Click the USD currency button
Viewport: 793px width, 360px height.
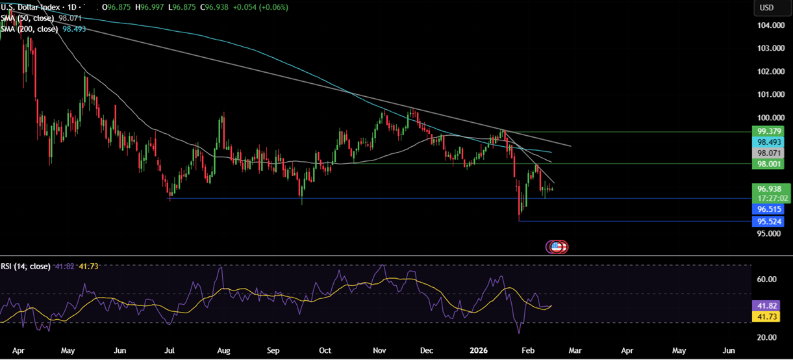[768, 8]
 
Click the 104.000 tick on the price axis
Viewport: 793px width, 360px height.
[766, 25]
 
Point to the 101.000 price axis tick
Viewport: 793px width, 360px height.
[766, 94]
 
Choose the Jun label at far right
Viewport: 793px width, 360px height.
[729, 350]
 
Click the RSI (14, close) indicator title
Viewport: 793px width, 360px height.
[25, 266]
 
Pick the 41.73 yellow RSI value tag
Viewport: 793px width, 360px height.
[766, 316]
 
